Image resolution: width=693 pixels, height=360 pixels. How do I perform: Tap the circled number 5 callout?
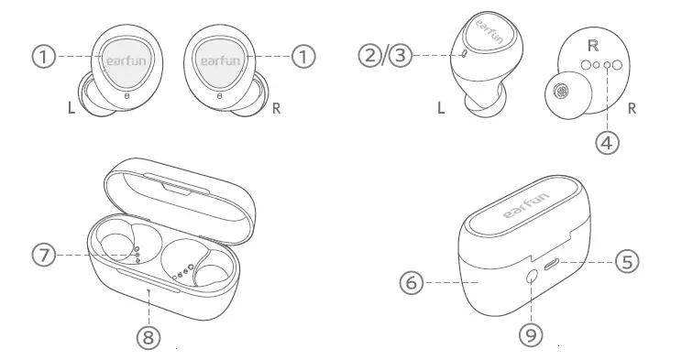click(626, 262)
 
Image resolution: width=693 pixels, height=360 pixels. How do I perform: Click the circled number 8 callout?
click(148, 336)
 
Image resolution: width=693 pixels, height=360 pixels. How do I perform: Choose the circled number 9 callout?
click(531, 334)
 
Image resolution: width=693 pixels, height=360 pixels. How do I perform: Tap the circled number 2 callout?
click(370, 55)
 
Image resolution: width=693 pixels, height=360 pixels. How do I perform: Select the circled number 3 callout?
click(398, 55)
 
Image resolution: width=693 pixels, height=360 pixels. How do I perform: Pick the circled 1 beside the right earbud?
click(302, 56)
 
